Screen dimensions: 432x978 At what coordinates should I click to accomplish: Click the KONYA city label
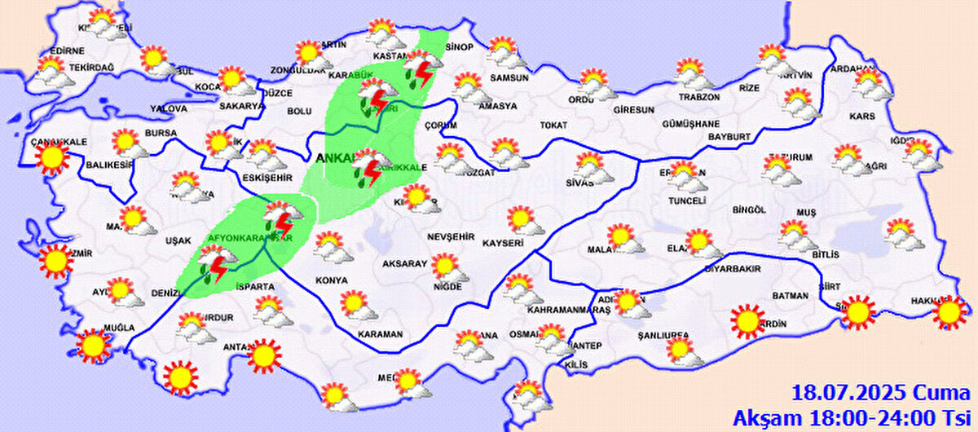pos(331,280)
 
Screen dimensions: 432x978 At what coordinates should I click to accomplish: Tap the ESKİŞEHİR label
pos(268,177)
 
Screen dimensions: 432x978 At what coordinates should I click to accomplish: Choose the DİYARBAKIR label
pos(732,268)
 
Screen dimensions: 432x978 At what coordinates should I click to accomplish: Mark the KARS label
pos(861,117)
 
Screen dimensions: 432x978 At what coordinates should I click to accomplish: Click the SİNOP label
pos(459,47)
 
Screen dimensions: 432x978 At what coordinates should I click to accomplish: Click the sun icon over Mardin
pos(747,321)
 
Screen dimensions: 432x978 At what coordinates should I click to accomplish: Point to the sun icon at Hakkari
pos(948,312)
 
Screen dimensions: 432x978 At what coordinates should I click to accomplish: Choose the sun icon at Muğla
pos(93,346)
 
